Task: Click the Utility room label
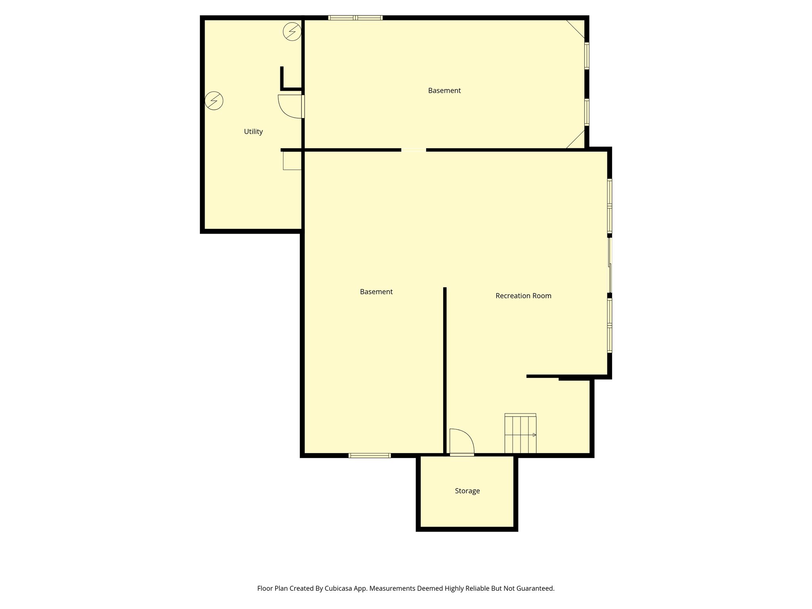pos(253,132)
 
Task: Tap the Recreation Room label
pos(523,296)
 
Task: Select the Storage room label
pos(467,491)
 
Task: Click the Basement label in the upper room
pos(444,91)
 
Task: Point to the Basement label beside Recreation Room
pos(376,292)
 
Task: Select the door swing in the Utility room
pos(290,106)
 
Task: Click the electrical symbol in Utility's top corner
pos(292,32)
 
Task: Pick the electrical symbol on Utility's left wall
pos(214,101)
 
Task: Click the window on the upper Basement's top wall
pos(355,18)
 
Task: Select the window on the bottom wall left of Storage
pos(370,456)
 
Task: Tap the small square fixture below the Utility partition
pos(292,161)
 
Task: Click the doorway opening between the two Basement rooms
pos(414,150)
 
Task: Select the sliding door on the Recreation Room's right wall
pos(610,265)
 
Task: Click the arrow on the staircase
pos(534,435)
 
